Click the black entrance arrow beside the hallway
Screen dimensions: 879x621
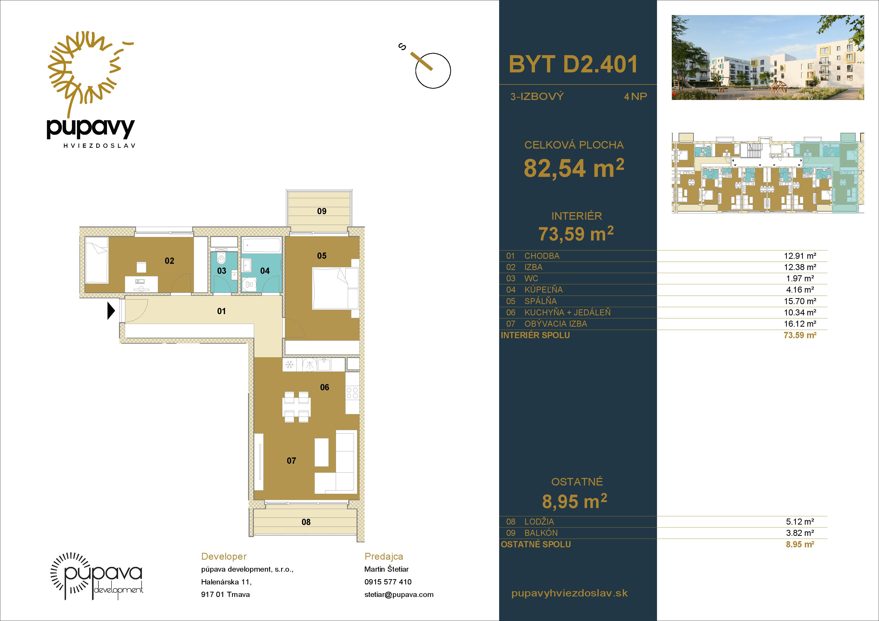pyautogui.click(x=111, y=311)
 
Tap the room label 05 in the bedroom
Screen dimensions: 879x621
pyautogui.click(x=321, y=256)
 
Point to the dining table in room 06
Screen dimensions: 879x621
pyautogui.click(x=297, y=407)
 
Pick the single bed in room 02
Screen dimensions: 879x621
pyautogui.click(x=96, y=261)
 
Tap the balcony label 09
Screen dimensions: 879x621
pyautogui.click(x=321, y=211)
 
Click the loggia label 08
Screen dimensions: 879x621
pyautogui.click(x=306, y=522)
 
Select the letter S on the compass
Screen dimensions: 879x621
pyautogui.click(x=402, y=47)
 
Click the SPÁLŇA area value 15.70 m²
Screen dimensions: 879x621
pyautogui.click(x=800, y=301)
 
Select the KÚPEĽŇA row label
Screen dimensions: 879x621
pyautogui.click(x=543, y=290)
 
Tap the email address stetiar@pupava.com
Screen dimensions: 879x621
pyautogui.click(x=399, y=595)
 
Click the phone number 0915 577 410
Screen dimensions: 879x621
pyautogui.click(x=388, y=582)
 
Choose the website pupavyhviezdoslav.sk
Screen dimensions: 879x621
pyautogui.click(x=570, y=593)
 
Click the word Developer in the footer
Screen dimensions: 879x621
pyautogui.click(x=224, y=557)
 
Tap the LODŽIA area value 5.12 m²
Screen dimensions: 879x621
pyautogui.click(x=800, y=522)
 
